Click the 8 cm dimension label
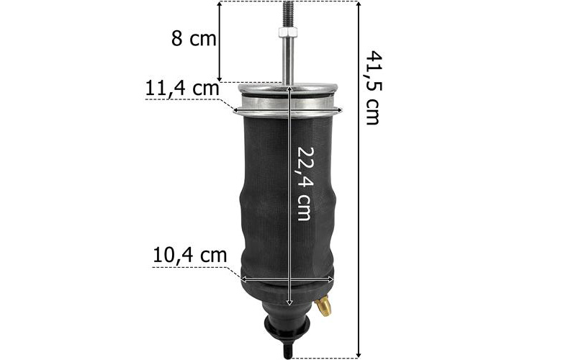tap(194, 39)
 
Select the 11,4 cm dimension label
tap(182, 89)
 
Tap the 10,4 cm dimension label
tap(189, 255)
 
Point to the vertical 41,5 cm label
tap(374, 88)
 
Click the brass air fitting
tap(323, 306)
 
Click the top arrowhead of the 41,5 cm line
tap(359, 4)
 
